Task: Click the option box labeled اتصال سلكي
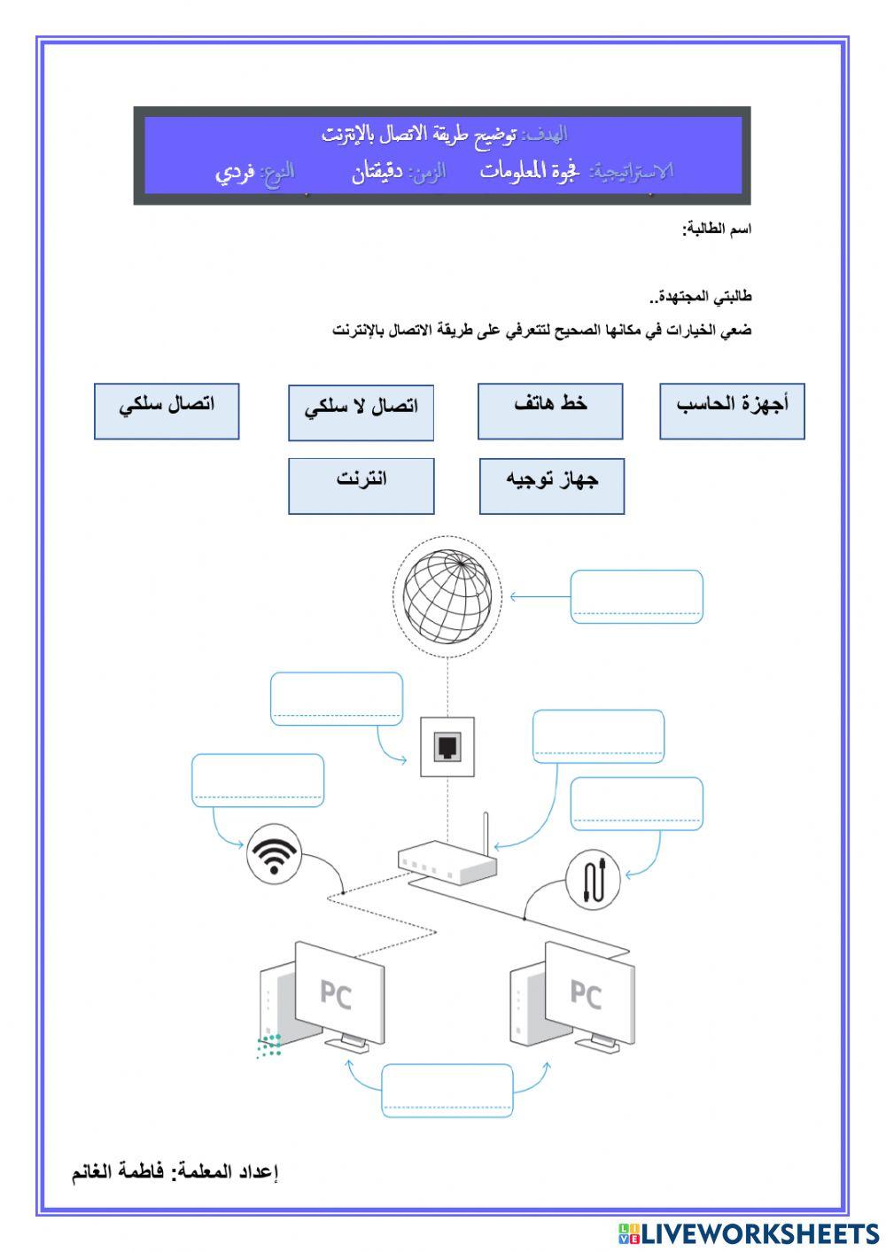coord(167,410)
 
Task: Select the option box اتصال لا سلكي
coord(361,412)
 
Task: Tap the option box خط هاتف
coord(550,411)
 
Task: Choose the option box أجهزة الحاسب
coord(732,411)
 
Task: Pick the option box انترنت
coord(361,486)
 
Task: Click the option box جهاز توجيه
coord(552,486)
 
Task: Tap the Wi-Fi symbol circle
coord(274,854)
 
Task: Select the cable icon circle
coord(593,880)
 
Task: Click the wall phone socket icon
coord(447,747)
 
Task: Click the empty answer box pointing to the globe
coord(636,596)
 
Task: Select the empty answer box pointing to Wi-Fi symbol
coord(258,781)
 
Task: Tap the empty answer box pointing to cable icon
coord(636,804)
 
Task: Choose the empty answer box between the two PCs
coord(447,1090)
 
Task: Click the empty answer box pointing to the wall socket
coord(337,699)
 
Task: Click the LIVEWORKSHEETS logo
coord(749,1233)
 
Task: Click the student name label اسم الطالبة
coord(717,229)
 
